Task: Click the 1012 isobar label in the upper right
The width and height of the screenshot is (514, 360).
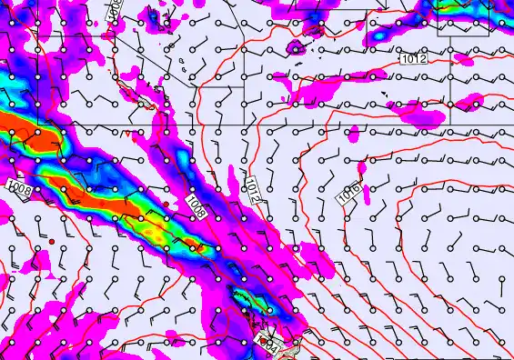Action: coord(414,59)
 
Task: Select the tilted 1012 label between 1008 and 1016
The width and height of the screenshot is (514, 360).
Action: coord(256,190)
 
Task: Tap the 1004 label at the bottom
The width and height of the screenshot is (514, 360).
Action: coord(265,344)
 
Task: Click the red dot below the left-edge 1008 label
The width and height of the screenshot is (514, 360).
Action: coord(53,240)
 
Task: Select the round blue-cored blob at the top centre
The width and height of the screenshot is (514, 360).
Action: coord(295,47)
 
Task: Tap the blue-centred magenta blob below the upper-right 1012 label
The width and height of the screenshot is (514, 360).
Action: coord(418,110)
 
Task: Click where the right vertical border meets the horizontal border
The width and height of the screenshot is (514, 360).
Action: coord(448,123)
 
